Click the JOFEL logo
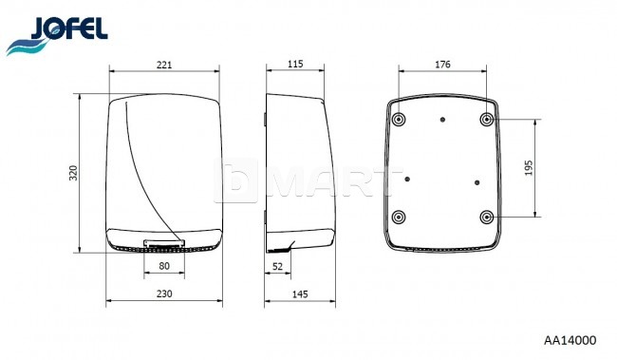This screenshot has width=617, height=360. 57,35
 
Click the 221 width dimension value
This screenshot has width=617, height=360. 164,65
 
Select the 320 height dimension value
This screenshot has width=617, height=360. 74,173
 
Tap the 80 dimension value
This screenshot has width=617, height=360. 164,266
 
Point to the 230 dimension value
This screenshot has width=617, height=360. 164,294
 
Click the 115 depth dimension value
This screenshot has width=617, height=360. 295,64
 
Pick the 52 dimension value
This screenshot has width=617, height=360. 277,267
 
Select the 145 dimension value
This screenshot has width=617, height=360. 300,294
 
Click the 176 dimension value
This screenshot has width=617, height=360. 442,65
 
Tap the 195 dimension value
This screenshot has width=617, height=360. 529,168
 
